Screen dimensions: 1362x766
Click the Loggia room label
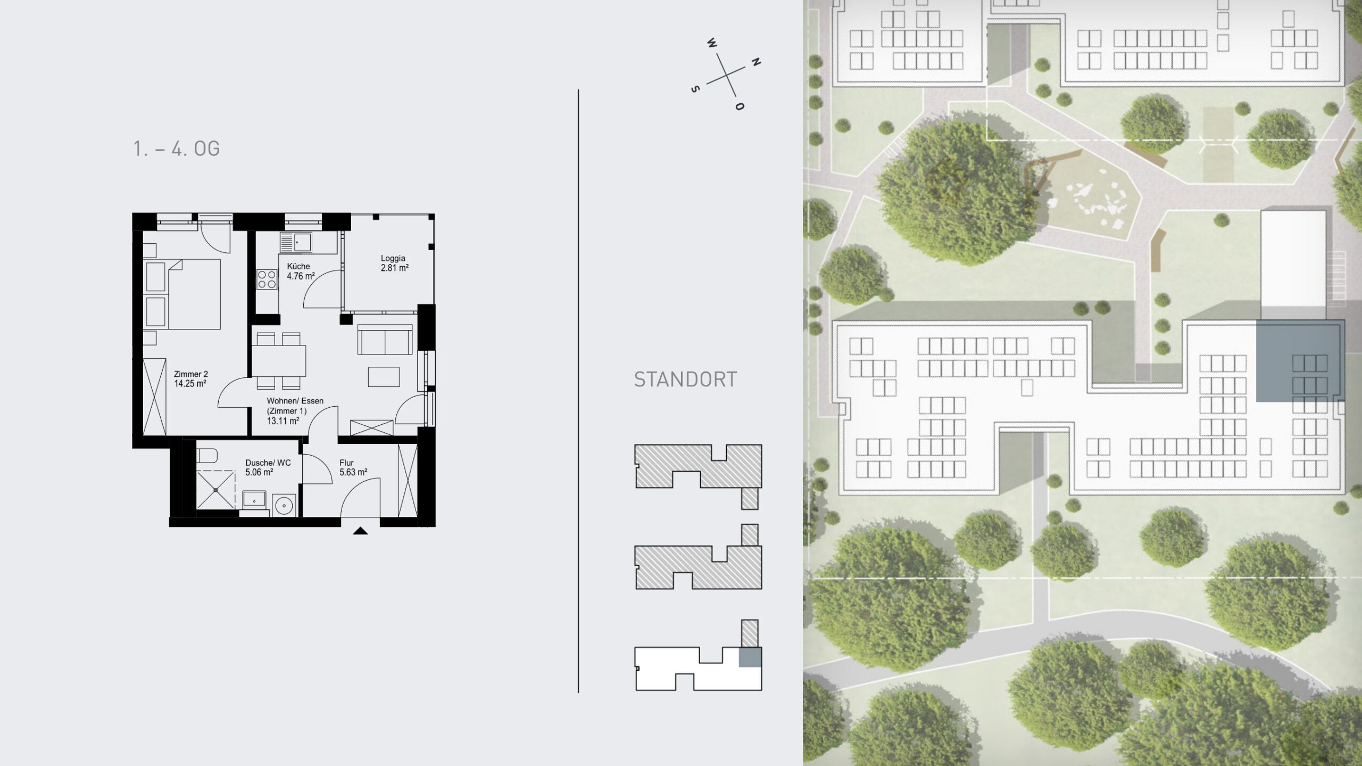pyautogui.click(x=393, y=258)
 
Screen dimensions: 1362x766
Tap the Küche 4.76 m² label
pyautogui.click(x=301, y=271)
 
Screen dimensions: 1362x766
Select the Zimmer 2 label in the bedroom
pyautogui.click(x=191, y=374)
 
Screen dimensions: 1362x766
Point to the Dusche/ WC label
pyautogui.click(x=268, y=463)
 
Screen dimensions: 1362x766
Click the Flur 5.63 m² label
pyautogui.click(x=353, y=467)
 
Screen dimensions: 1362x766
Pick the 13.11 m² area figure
pyautogui.click(x=283, y=421)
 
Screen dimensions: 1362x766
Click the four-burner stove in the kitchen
pyautogui.click(x=267, y=279)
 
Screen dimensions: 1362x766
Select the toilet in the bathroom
pyautogui.click(x=207, y=456)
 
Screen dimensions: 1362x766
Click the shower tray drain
pyautogui.click(x=216, y=490)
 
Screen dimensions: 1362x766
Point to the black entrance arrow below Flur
pyautogui.click(x=360, y=530)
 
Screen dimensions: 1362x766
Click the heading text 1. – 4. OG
pyautogui.click(x=177, y=149)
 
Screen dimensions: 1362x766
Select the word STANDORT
pyautogui.click(x=685, y=380)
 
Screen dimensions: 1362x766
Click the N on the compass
pyautogui.click(x=755, y=62)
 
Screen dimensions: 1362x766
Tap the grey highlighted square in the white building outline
pyautogui.click(x=750, y=657)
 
